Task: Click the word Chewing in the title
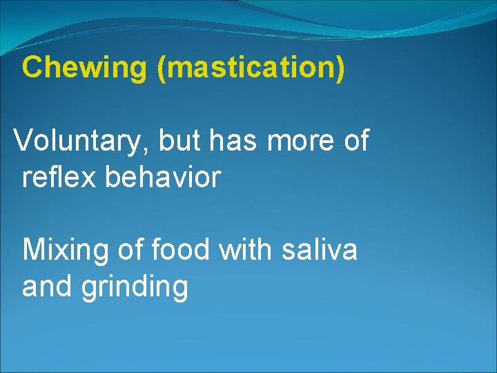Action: coord(84,68)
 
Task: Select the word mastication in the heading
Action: coord(250,68)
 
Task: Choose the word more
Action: coord(301,141)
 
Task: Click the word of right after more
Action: coord(355,141)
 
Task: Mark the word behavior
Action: coord(163,177)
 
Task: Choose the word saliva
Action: coord(320,249)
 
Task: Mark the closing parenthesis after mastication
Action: coord(339,68)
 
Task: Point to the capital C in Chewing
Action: coord(32,68)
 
